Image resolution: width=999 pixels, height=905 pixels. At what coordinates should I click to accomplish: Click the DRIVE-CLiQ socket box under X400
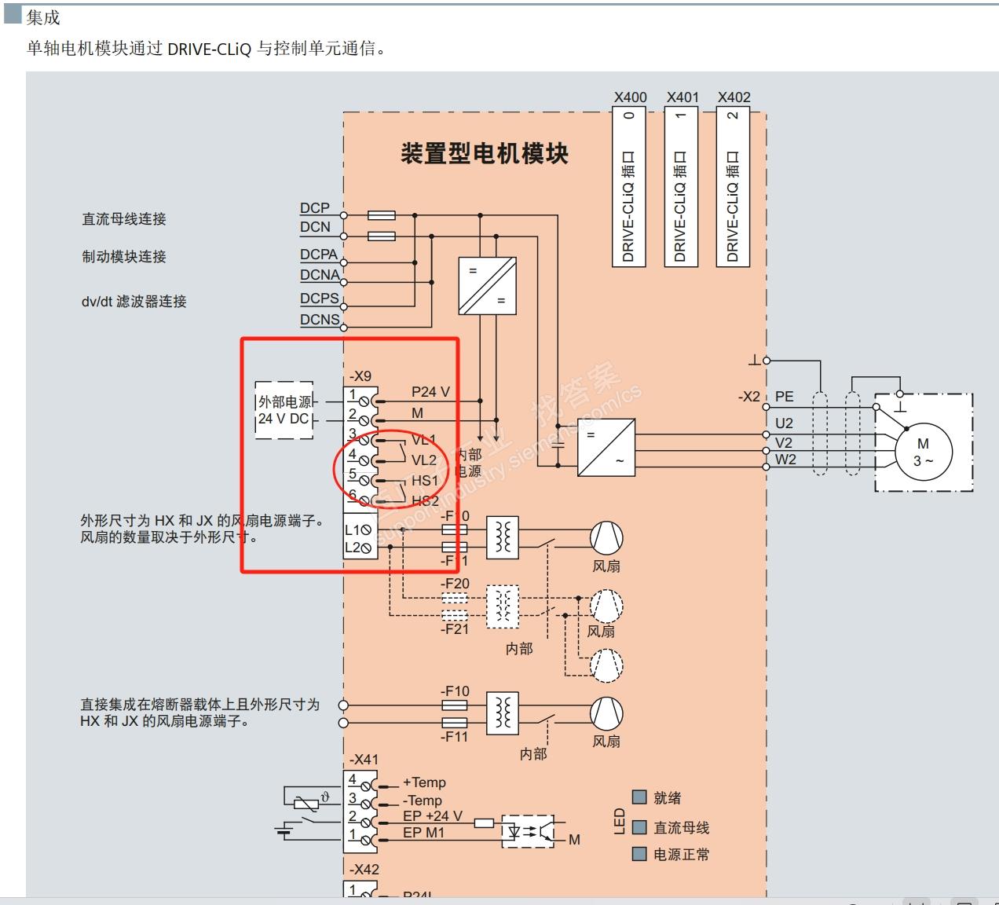pyautogui.click(x=628, y=187)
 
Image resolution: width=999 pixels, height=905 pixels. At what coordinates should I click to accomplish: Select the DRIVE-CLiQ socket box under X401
pyautogui.click(x=680, y=187)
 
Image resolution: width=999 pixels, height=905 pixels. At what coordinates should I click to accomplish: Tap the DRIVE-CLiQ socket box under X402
pyautogui.click(x=733, y=187)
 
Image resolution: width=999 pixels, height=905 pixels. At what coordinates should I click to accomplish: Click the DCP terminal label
pyautogui.click(x=314, y=208)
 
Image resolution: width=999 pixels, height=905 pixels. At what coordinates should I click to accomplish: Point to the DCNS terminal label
pyautogui.click(x=320, y=320)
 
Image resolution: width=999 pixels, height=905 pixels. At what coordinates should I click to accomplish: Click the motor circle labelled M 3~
pyautogui.click(x=923, y=452)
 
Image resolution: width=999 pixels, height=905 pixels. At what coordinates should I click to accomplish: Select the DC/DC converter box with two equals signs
pyautogui.click(x=487, y=285)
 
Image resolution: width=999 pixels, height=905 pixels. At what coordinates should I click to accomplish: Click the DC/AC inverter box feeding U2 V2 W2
pyautogui.click(x=606, y=447)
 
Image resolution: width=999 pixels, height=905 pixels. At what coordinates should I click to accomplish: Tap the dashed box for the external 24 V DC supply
pyautogui.click(x=284, y=409)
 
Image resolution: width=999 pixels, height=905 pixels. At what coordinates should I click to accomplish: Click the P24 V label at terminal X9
pyautogui.click(x=430, y=392)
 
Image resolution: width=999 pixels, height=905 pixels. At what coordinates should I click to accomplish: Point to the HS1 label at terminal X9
pyautogui.click(x=425, y=480)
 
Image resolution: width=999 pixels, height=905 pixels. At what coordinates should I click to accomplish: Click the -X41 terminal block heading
pyautogui.click(x=364, y=760)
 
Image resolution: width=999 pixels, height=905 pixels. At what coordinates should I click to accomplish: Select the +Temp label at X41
pyautogui.click(x=424, y=782)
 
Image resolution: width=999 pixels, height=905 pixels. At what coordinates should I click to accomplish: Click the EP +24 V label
pyautogui.click(x=433, y=816)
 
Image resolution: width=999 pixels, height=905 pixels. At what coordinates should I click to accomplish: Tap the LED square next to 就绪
pyautogui.click(x=639, y=797)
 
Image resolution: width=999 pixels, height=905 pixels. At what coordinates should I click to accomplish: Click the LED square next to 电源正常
pyautogui.click(x=639, y=854)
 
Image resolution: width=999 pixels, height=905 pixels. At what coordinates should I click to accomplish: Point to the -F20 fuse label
pyautogui.click(x=455, y=584)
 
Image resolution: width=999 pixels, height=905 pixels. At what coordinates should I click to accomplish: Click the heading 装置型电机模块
pyautogui.click(x=484, y=153)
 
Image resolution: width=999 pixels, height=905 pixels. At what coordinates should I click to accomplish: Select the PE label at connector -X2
pyautogui.click(x=784, y=397)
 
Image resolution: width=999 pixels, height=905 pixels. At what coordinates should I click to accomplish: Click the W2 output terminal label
pyautogui.click(x=785, y=460)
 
